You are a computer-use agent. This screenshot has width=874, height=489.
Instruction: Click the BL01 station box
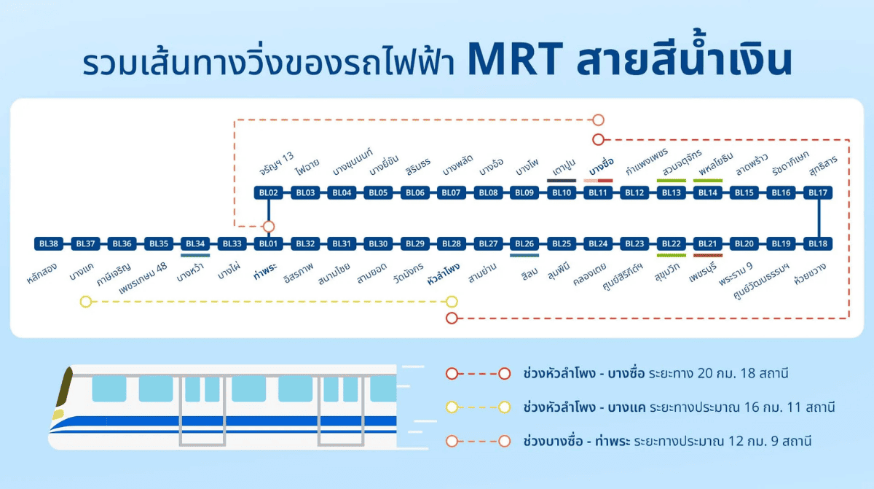coord(269,243)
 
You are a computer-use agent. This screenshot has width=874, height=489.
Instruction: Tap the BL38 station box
coord(49,243)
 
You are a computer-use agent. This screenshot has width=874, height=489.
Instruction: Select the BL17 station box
coord(818,192)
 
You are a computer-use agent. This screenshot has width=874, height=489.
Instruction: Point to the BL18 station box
coord(818,243)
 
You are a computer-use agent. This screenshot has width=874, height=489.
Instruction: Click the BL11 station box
coord(598,192)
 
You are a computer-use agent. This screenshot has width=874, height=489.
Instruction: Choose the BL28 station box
coord(452,243)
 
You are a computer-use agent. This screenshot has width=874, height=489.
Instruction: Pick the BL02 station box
coord(269,192)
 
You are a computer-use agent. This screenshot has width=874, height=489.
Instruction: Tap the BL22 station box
coord(671,243)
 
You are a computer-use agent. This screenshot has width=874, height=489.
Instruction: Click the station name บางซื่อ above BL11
coord(602,167)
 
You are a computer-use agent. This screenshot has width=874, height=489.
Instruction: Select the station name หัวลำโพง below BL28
coord(444,273)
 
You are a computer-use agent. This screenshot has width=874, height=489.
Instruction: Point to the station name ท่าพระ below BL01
coord(265,271)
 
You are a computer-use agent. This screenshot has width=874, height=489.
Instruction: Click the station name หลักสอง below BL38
coord(42,273)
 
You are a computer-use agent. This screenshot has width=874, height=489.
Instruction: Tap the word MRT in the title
coord(516,59)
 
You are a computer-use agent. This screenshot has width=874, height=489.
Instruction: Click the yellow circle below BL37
coord(86,302)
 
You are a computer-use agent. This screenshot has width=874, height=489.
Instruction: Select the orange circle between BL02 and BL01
coord(269,227)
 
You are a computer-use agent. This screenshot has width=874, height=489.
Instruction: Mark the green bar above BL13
coord(671,181)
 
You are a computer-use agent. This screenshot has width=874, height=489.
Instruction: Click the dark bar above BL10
coord(562,181)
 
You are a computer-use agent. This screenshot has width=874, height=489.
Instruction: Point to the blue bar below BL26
coord(524,256)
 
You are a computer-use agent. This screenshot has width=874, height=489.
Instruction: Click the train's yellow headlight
coord(58,414)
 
